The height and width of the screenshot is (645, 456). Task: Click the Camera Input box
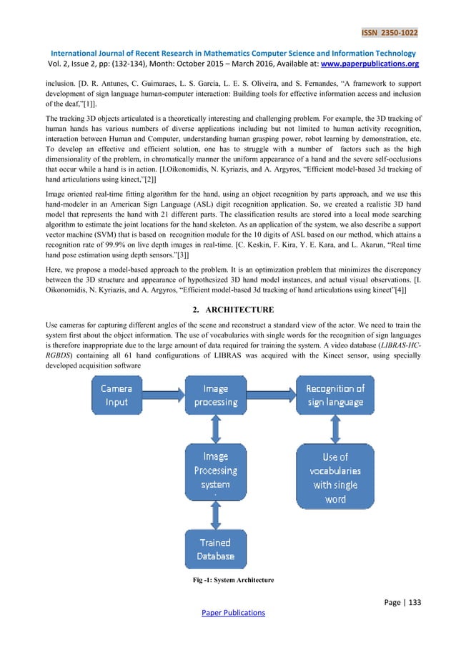pyautogui.click(x=117, y=395)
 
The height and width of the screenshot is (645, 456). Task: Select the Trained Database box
pyautogui.click(x=215, y=548)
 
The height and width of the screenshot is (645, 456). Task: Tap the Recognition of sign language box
pyautogui.click(x=335, y=395)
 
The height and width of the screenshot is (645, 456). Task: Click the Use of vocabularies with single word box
pyautogui.click(x=334, y=477)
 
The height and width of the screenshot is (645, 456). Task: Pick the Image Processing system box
pyautogui.click(x=215, y=471)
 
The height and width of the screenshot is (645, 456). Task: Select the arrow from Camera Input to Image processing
pyautogui.click(x=164, y=395)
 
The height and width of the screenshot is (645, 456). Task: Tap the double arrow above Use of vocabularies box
pyautogui.click(x=334, y=431)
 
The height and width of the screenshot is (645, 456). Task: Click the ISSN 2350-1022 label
pyautogui.click(x=390, y=32)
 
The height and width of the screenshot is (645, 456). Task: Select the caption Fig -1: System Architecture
pyautogui.click(x=227, y=589)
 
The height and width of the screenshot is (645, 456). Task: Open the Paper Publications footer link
pyautogui.click(x=227, y=612)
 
